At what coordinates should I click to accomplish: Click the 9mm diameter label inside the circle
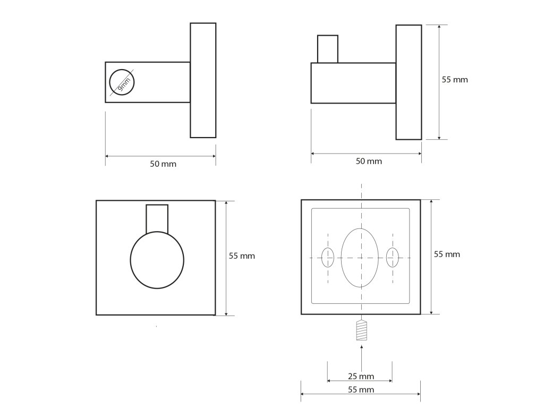(124, 84)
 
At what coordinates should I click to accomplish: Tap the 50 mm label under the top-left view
(163, 164)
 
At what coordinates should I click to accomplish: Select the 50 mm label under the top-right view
(369, 161)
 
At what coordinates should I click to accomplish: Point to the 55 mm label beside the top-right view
(455, 80)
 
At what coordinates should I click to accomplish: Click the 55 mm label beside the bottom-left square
(242, 256)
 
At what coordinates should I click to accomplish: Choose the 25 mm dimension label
(361, 376)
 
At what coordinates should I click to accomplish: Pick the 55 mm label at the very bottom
(361, 389)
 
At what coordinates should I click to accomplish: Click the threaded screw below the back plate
(361, 330)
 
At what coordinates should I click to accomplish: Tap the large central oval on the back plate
(360, 258)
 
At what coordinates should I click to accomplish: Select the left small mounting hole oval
(328, 258)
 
